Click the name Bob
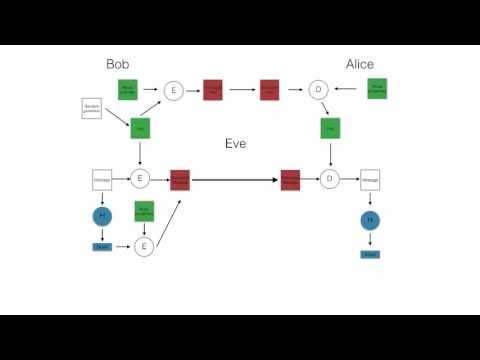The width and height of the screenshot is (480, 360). click(x=118, y=64)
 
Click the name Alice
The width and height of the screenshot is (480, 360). click(x=360, y=64)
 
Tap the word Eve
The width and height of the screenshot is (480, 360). click(x=235, y=144)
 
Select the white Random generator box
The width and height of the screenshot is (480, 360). click(x=92, y=108)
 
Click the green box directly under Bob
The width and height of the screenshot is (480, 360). click(x=127, y=89)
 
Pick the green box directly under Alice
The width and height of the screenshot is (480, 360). click(x=377, y=89)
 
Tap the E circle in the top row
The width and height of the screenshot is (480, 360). click(x=173, y=91)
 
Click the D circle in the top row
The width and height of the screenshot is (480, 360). click(x=318, y=91)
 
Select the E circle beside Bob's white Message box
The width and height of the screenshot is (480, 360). click(x=140, y=179)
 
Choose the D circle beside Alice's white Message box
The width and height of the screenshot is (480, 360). click(x=329, y=179)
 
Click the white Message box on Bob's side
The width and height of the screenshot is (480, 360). click(x=101, y=180)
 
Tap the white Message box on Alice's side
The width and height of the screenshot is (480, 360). click(x=370, y=180)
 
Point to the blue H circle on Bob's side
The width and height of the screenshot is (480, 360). click(x=101, y=216)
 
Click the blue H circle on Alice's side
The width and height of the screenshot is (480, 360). click(x=370, y=220)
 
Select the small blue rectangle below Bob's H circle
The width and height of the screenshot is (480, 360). click(x=101, y=246)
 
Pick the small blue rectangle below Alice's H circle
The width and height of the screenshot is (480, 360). click(x=370, y=254)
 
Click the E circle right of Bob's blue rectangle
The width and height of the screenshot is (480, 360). click(x=144, y=246)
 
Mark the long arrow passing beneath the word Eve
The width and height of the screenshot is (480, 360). click(x=234, y=180)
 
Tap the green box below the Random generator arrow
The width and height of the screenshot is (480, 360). click(x=140, y=129)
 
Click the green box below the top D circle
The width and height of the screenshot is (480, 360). click(x=330, y=129)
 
